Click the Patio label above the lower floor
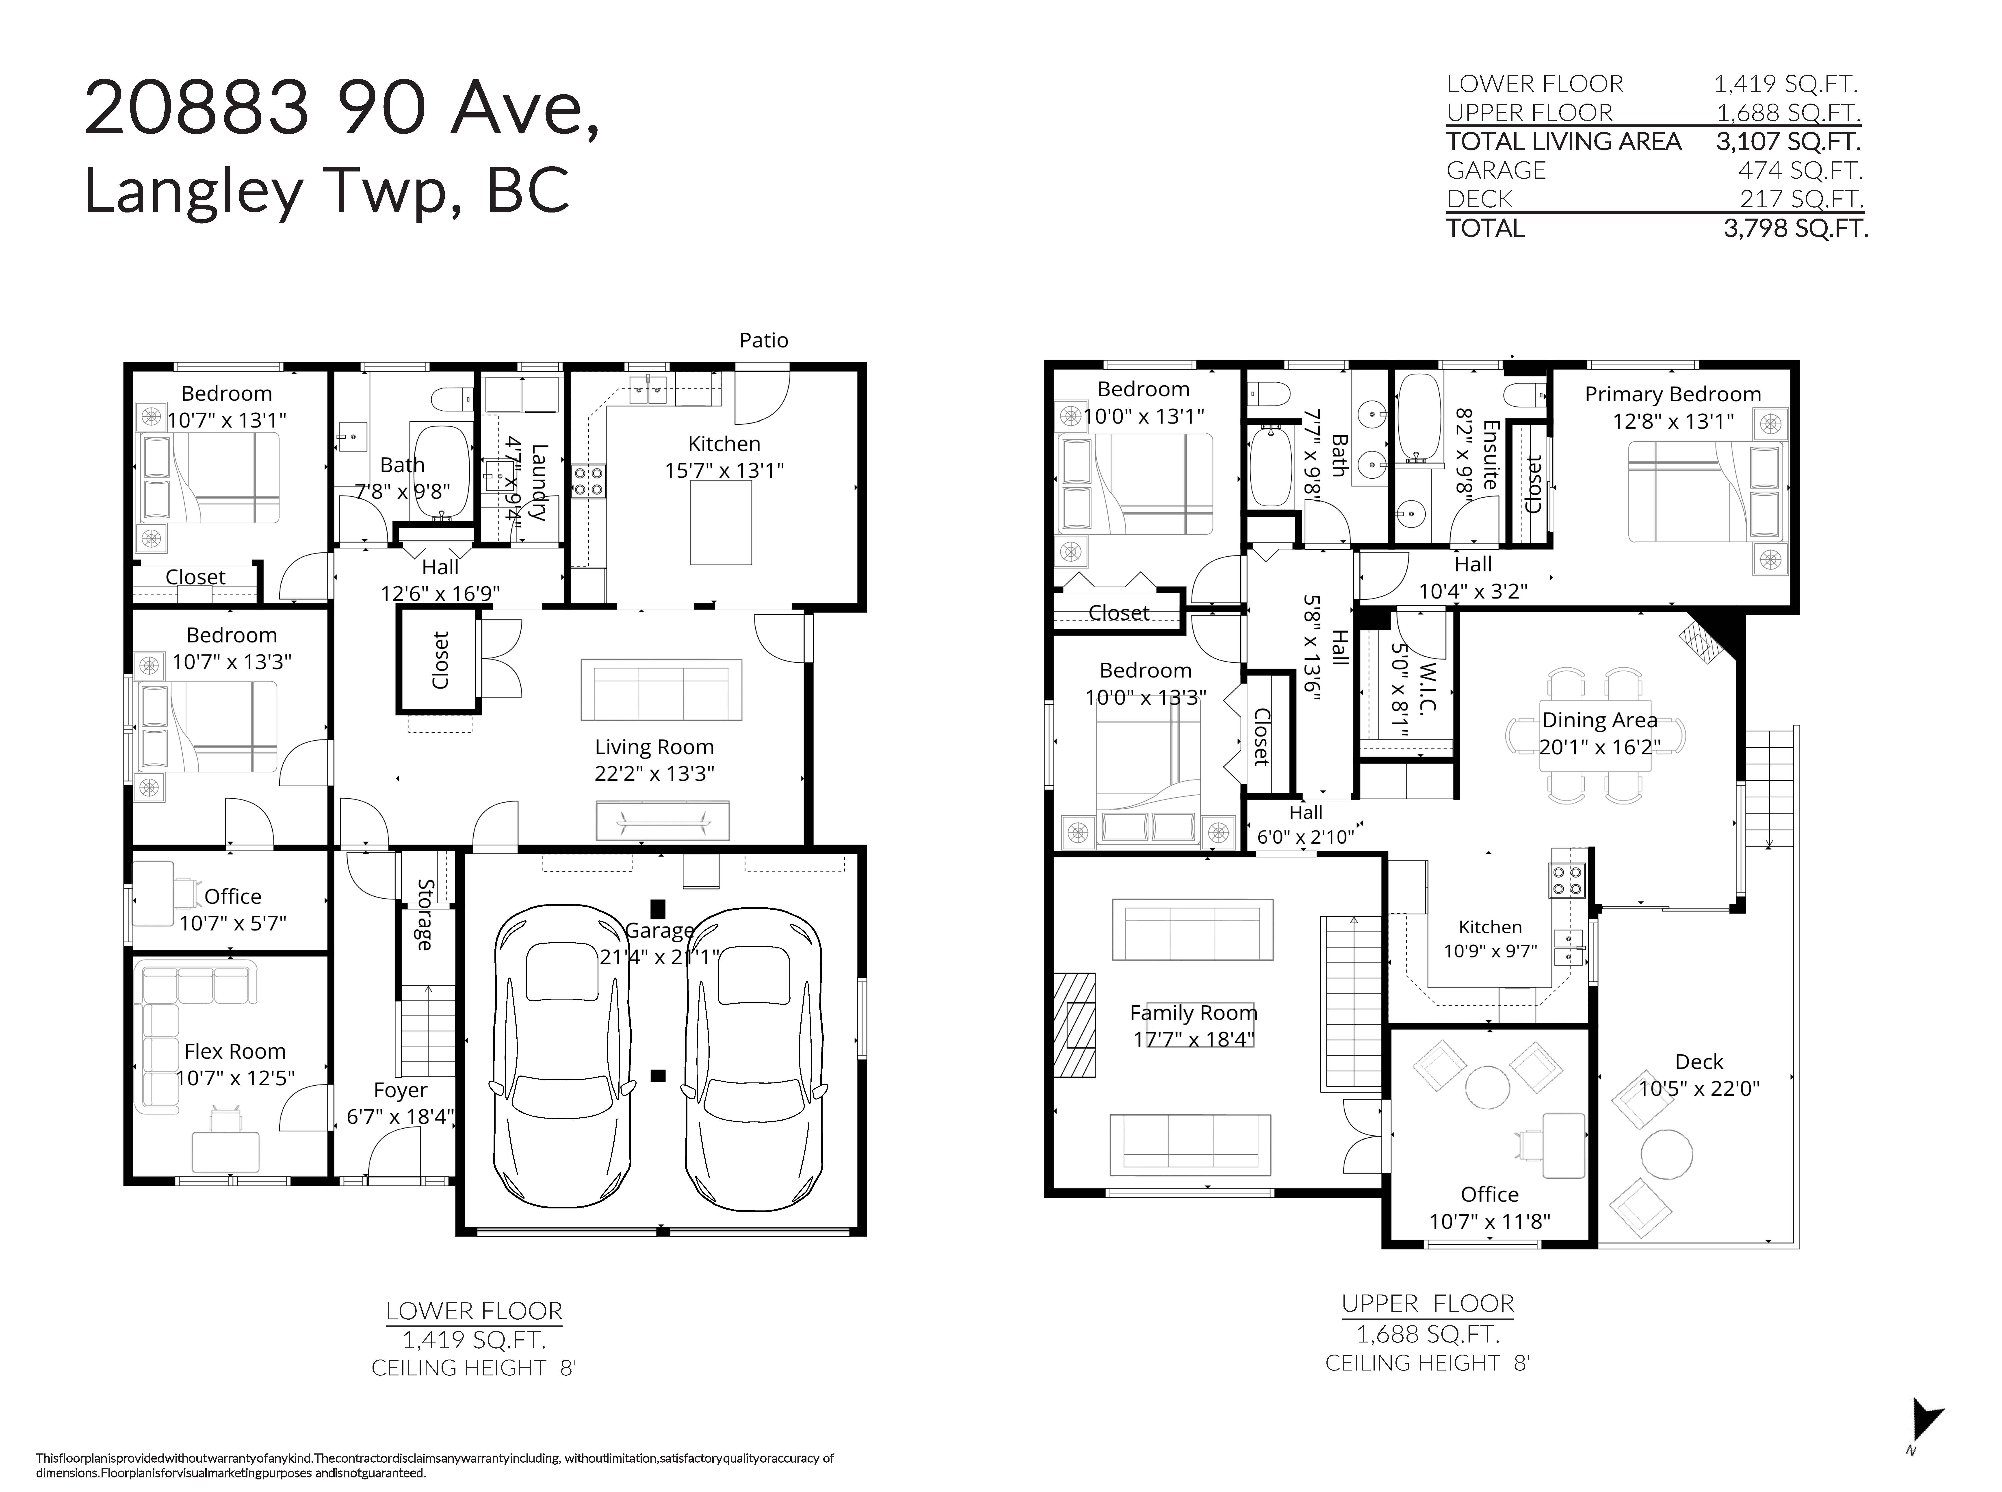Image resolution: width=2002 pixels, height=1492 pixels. click(763, 340)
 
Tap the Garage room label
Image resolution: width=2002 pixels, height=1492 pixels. click(659, 930)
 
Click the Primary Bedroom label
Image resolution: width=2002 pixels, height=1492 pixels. click(1672, 395)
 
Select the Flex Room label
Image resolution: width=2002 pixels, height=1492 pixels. click(235, 1051)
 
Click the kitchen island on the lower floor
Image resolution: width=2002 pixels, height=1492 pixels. click(721, 522)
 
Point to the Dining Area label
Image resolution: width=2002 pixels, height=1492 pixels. click(1599, 720)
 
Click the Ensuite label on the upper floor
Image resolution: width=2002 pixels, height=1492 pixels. click(1491, 455)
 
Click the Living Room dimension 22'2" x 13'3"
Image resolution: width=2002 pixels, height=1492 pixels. click(654, 774)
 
